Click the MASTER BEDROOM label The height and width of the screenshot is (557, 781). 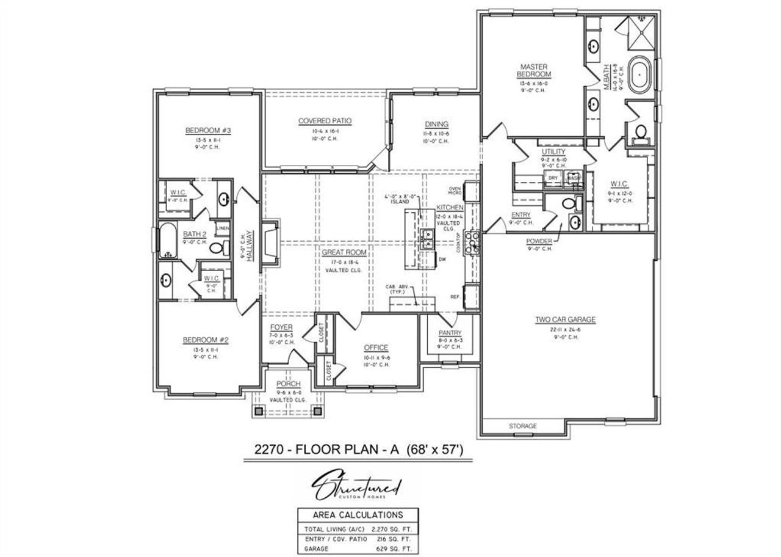point(534,70)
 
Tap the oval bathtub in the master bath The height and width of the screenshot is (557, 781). point(640,75)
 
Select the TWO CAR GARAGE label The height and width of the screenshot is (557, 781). point(565,319)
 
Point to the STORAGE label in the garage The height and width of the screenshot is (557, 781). point(523,426)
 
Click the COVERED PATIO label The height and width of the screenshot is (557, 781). point(325,121)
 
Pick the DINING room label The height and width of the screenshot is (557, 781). point(436,124)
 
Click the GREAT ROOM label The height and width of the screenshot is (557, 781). point(344,252)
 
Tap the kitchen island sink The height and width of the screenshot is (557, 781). point(426,239)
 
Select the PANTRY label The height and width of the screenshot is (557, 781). point(450,333)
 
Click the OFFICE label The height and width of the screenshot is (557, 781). point(376,348)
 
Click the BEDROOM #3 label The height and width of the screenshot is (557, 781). point(206,130)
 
